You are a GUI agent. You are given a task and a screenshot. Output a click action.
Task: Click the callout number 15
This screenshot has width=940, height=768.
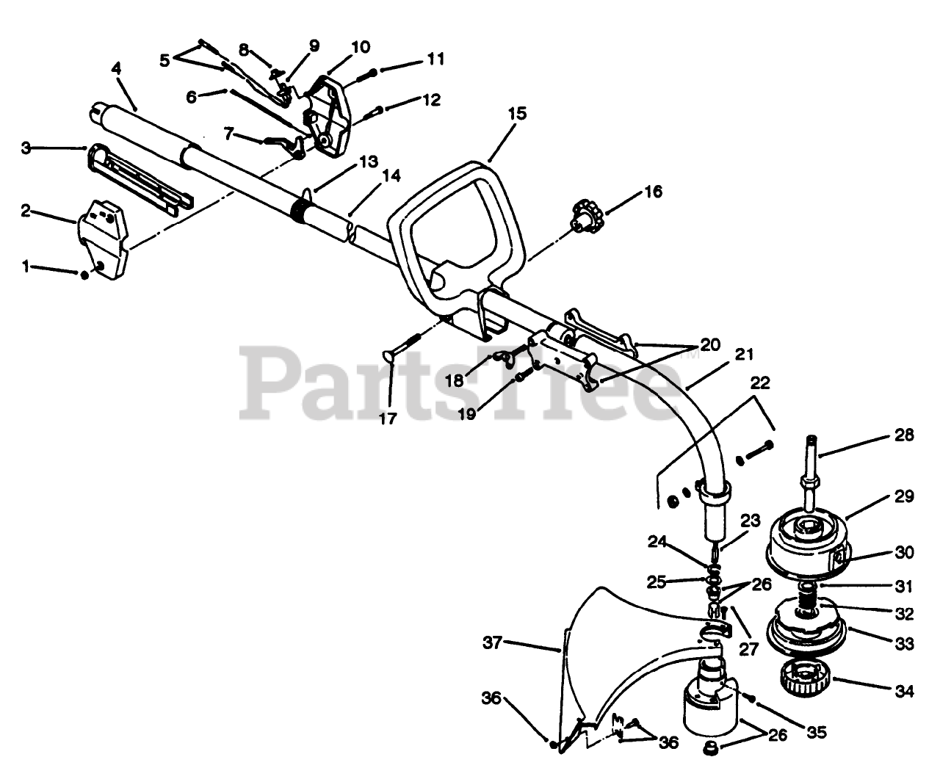point(517,114)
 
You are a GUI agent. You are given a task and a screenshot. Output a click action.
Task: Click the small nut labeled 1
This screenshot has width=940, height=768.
point(84,274)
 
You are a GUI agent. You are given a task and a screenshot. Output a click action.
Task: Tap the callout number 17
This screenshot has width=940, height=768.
point(387,419)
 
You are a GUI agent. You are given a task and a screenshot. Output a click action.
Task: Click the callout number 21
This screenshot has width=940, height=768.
point(744,355)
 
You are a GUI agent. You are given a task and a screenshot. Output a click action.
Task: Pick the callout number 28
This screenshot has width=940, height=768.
point(905,435)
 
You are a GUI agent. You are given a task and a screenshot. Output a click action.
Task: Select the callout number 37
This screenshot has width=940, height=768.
point(492,643)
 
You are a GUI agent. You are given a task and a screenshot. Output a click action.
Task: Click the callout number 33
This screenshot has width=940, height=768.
point(905,644)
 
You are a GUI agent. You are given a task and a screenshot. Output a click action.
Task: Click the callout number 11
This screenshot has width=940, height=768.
point(435,59)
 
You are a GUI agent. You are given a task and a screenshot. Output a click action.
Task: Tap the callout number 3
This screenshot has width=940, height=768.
point(26,148)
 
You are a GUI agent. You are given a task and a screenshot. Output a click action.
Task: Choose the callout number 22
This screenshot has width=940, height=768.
point(760,383)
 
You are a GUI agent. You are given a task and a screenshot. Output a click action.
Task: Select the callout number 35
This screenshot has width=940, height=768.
point(817,732)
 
